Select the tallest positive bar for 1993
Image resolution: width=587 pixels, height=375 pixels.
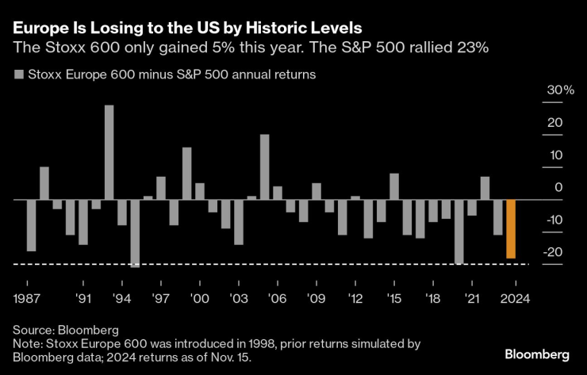pos(109,152)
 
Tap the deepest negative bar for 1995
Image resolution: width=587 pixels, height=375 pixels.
pos(135,233)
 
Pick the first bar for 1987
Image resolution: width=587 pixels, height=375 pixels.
pos(32,225)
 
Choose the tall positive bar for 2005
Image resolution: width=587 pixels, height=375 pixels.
pos(264,166)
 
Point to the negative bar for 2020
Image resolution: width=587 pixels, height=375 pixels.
pos(459,231)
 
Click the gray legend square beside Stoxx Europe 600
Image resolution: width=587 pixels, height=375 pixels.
pos(18,76)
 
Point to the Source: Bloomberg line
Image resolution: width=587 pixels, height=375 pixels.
pos(65,329)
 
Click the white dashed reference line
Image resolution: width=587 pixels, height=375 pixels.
pos(278,264)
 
